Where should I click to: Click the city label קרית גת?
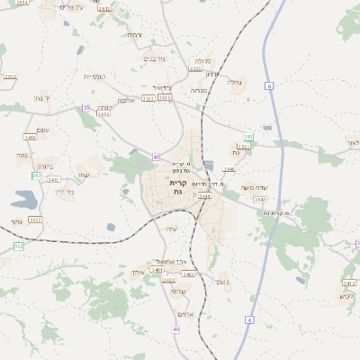point(176,187)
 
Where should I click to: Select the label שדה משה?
point(254,187)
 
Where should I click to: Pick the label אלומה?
point(127,101)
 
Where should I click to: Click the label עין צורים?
point(71,6)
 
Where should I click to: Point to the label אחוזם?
point(185,313)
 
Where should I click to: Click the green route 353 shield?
point(248,136)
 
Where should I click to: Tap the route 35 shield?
point(86,107)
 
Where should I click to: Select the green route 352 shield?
point(18,246)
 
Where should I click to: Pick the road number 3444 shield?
point(204,195)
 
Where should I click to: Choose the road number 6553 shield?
point(195,67)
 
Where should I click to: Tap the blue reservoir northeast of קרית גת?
point(209,166)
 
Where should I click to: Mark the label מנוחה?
point(200,90)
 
